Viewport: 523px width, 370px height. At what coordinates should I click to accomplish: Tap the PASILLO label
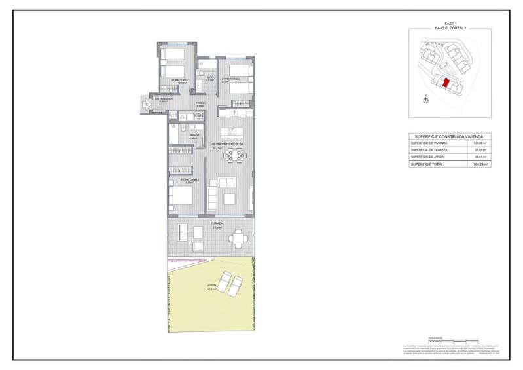pyautogui.click(x=202, y=103)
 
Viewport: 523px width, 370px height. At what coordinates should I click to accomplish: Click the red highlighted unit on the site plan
pyautogui.click(x=446, y=84)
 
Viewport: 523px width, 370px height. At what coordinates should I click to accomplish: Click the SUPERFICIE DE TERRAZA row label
pyautogui.click(x=429, y=149)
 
